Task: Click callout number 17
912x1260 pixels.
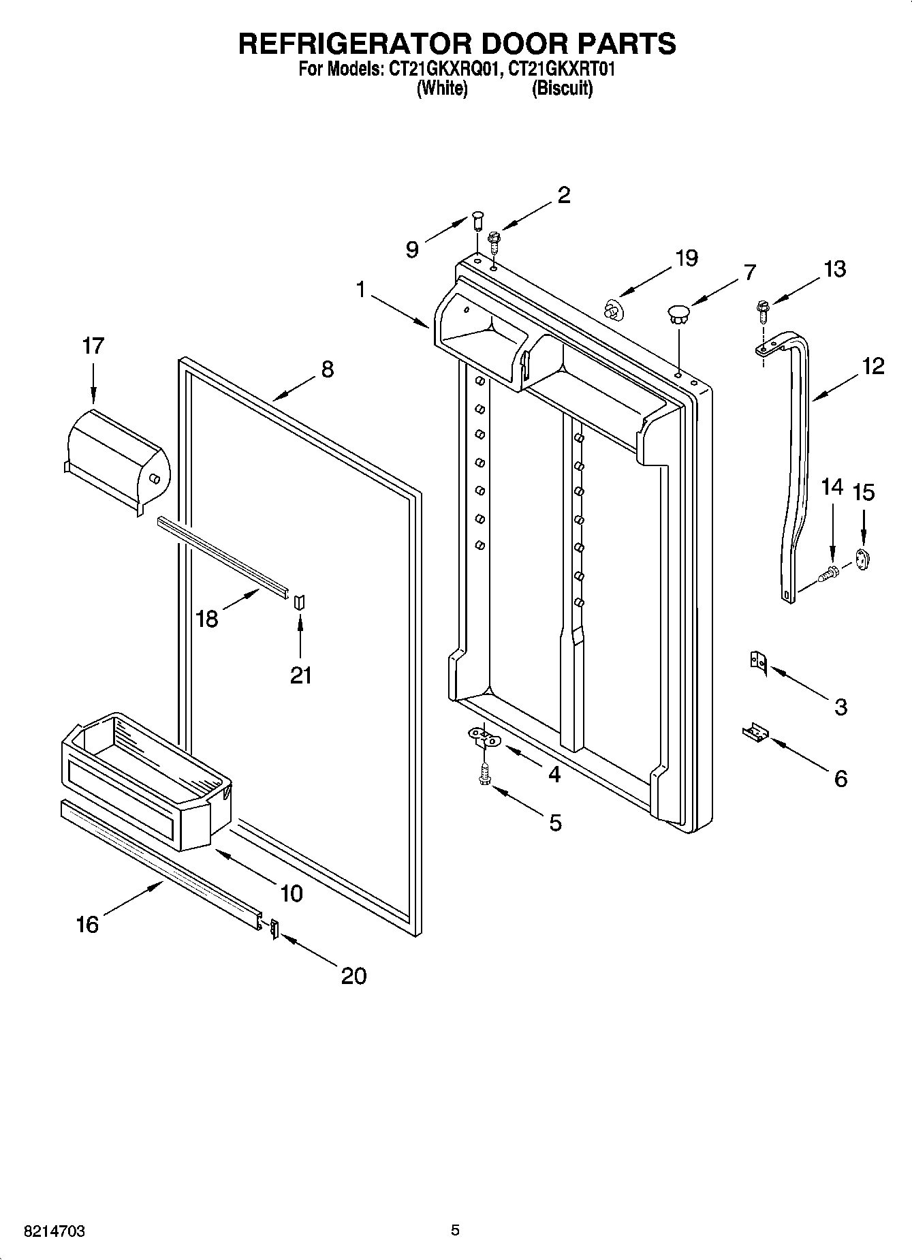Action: pyautogui.click(x=93, y=346)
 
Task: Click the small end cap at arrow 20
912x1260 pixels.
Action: pyautogui.click(x=274, y=928)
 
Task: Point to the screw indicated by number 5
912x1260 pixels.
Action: pyautogui.click(x=484, y=773)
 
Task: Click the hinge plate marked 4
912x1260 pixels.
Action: pyautogui.click(x=484, y=736)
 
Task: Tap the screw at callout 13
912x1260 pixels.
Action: pyautogui.click(x=762, y=310)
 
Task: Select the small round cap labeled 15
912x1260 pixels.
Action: pyautogui.click(x=864, y=559)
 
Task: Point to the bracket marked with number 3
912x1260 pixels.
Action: pyautogui.click(x=758, y=662)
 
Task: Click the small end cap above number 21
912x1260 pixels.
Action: pyautogui.click(x=300, y=600)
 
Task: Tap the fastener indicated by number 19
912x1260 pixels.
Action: pyautogui.click(x=614, y=309)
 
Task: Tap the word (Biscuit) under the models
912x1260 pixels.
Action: pyautogui.click(x=562, y=89)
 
